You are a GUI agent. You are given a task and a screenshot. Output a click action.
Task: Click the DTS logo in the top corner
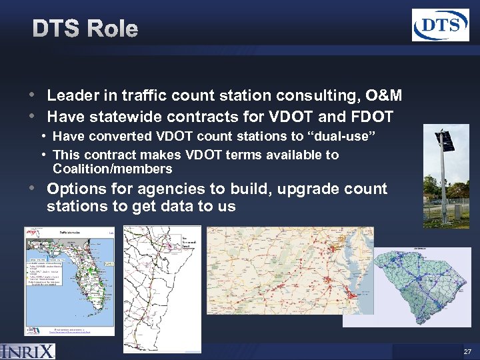(440, 25)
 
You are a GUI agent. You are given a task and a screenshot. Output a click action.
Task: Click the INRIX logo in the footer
(28, 351)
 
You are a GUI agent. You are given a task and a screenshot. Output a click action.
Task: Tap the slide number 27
(466, 351)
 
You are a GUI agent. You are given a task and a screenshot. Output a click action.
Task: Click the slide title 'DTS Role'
(85, 29)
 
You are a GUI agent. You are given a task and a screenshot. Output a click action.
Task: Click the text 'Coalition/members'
(112, 169)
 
